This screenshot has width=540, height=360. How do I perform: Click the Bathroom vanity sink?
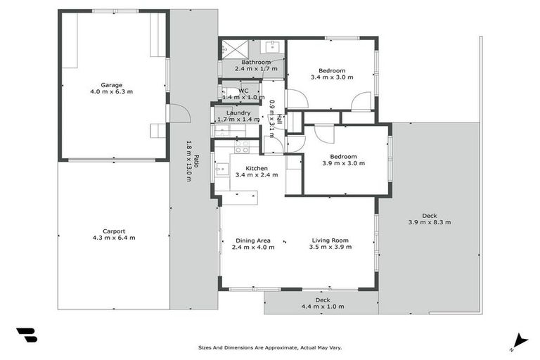point(271,47)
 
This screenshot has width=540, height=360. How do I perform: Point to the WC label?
point(243,91)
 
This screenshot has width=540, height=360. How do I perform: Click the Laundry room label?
point(238,112)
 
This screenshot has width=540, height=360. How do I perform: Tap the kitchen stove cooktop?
point(242,148)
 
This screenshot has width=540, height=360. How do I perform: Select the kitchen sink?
point(221,169)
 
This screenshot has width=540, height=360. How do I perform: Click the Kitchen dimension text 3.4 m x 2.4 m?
point(257,176)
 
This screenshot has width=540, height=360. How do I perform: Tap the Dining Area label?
point(252,240)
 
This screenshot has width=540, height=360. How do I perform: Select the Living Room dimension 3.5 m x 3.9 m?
point(331,247)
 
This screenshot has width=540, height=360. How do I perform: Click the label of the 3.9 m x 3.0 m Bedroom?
point(344,156)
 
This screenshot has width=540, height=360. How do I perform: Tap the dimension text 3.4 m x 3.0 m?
point(332,77)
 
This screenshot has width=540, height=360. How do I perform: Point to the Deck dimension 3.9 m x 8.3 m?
point(429,223)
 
